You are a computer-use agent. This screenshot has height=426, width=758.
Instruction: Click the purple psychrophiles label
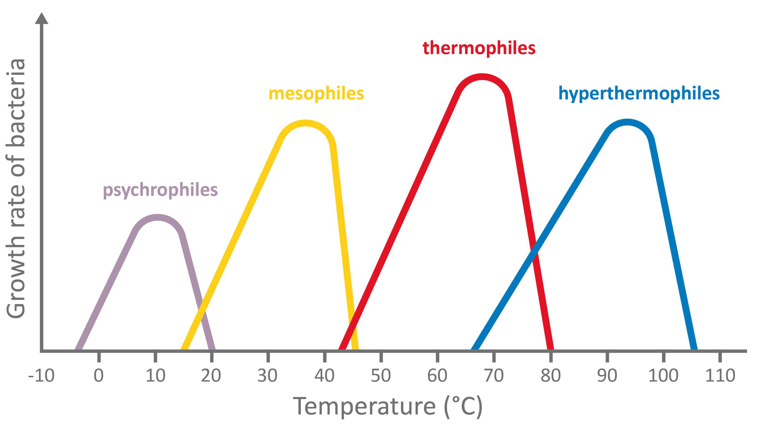point(160,190)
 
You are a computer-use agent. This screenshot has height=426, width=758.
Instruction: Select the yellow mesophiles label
point(316,94)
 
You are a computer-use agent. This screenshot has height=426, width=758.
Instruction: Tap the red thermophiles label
point(479,48)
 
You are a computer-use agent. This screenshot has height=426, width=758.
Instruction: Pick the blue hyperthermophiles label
point(639,94)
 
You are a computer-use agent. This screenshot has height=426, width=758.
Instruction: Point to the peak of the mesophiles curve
point(306,123)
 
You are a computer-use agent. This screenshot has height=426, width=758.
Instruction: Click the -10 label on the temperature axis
point(41,376)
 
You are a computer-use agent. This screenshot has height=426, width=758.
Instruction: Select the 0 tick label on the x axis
point(99,376)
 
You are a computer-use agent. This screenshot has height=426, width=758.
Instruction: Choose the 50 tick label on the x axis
point(381,376)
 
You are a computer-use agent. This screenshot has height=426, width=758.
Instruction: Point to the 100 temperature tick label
point(663,376)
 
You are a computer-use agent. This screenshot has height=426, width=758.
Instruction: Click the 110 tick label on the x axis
point(720,376)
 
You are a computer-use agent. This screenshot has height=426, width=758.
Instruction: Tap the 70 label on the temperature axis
point(494,376)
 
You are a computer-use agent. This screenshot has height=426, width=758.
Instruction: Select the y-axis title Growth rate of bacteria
point(16,188)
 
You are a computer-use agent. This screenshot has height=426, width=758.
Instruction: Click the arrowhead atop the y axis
point(41,18)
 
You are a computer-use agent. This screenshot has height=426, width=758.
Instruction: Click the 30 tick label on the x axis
point(268,376)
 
